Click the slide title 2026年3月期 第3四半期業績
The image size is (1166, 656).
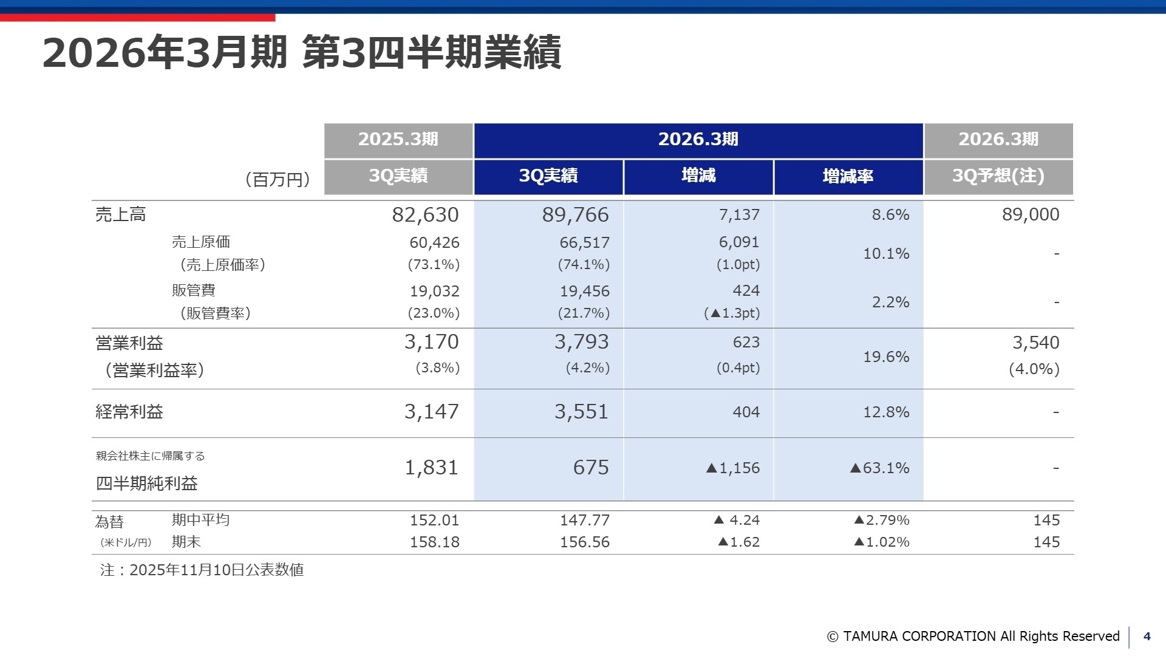pos(302,52)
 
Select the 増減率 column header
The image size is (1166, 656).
pos(848,176)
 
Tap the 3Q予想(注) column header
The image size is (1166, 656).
pos(998,176)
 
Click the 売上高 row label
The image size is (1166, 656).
pos(120,214)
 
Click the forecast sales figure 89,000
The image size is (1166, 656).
pos(1030,214)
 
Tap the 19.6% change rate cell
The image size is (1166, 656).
pos(885,357)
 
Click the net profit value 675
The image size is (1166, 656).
pos(590,467)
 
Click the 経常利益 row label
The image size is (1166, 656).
pos(129,412)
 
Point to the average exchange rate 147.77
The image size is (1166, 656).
pos(584,520)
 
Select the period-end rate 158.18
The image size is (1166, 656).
pos(434,542)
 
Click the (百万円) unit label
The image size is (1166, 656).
pos(278,180)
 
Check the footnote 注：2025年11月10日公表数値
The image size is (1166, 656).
pos(202,570)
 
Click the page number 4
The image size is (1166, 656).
pos(1147,636)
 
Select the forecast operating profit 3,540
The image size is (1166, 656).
pos(1035,343)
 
